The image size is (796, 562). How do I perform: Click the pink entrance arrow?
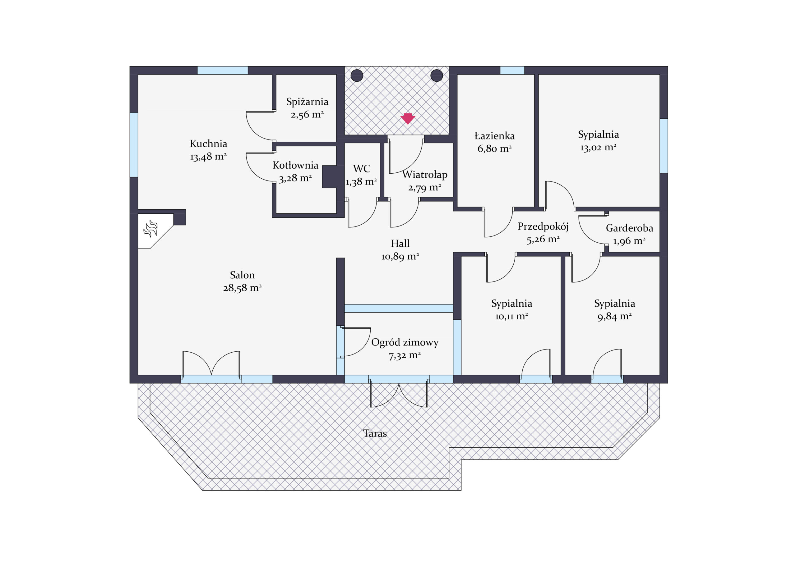[x=408, y=118]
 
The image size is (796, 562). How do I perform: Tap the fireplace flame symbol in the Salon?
[x=151, y=229]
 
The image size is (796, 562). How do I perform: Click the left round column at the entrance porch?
[x=357, y=75]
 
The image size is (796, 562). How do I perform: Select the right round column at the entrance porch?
[x=437, y=75]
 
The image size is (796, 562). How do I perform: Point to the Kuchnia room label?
[x=208, y=144]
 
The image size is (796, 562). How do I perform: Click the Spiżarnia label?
[x=307, y=102]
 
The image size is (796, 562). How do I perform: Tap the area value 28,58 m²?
[x=242, y=288]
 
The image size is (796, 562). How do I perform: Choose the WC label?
[x=361, y=169]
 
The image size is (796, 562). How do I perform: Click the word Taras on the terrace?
[x=375, y=433]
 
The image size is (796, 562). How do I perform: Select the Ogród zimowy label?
[x=405, y=342]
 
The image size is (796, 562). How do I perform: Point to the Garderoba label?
[x=630, y=228]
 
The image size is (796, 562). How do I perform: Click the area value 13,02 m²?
[x=598, y=148]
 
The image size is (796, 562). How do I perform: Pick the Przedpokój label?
[x=543, y=226]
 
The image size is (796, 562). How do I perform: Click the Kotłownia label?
[x=295, y=165]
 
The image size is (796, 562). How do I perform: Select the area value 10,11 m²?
[x=511, y=316]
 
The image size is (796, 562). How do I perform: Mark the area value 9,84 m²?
[x=614, y=316]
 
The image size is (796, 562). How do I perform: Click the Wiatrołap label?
[x=425, y=174]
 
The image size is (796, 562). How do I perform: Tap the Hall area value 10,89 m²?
[x=400, y=257]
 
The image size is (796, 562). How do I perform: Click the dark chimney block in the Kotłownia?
[x=329, y=177]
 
